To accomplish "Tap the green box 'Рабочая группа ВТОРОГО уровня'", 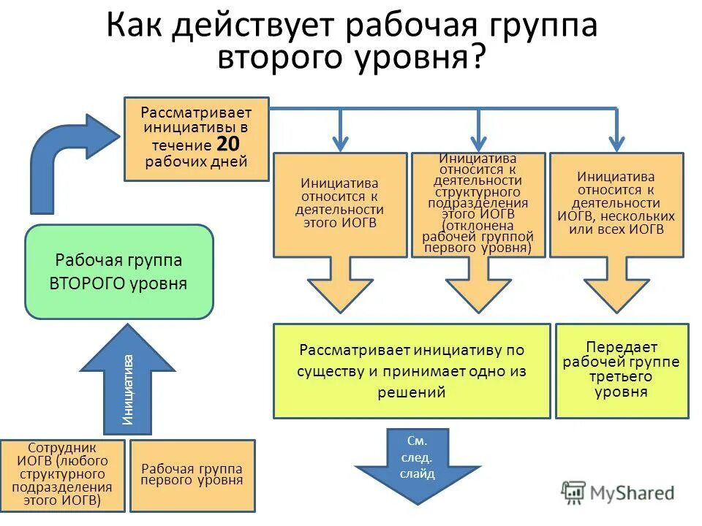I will click(x=119, y=272).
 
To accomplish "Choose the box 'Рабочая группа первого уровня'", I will click(x=192, y=475).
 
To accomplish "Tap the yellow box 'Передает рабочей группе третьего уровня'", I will click(x=622, y=370).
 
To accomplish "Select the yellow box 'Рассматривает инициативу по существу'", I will click(x=412, y=370).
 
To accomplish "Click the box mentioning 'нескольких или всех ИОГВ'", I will click(x=616, y=204).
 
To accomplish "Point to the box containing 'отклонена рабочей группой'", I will click(x=478, y=204).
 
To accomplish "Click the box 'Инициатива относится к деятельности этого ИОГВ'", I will click(x=339, y=204).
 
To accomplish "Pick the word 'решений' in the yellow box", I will click(x=412, y=392).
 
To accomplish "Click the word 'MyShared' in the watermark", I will click(x=633, y=493).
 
